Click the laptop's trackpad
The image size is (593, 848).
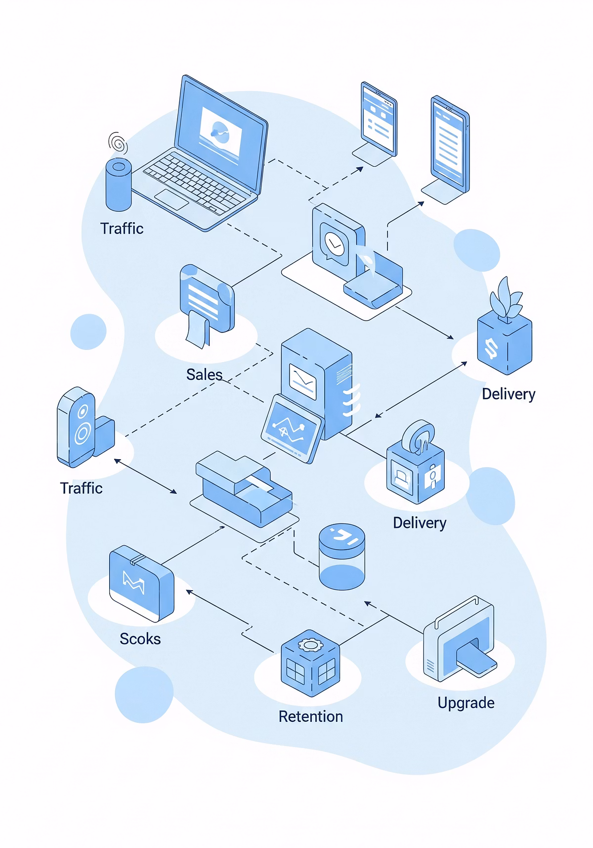(171, 199)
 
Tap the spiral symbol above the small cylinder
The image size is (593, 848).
(118, 143)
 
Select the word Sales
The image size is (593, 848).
(204, 375)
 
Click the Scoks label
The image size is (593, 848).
(140, 639)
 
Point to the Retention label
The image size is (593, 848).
(310, 716)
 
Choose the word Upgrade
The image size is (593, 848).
(466, 703)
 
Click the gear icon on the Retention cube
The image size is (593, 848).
(310, 645)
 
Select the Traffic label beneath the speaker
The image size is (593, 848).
(81, 488)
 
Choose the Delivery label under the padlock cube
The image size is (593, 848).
(419, 523)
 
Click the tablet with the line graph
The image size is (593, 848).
(292, 428)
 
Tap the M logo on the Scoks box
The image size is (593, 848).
(133, 582)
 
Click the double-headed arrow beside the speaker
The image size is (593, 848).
(145, 476)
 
